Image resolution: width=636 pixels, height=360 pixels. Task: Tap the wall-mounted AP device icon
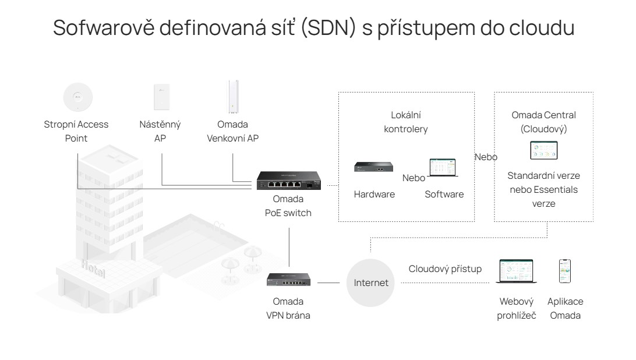(160, 97)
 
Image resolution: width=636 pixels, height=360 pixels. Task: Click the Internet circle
(371, 284)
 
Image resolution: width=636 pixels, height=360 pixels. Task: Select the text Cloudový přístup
(446, 269)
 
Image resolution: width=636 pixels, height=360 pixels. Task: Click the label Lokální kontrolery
(410, 122)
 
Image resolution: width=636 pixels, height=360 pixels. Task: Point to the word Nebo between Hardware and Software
(414, 177)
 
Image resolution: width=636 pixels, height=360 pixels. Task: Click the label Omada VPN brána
(288, 309)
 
